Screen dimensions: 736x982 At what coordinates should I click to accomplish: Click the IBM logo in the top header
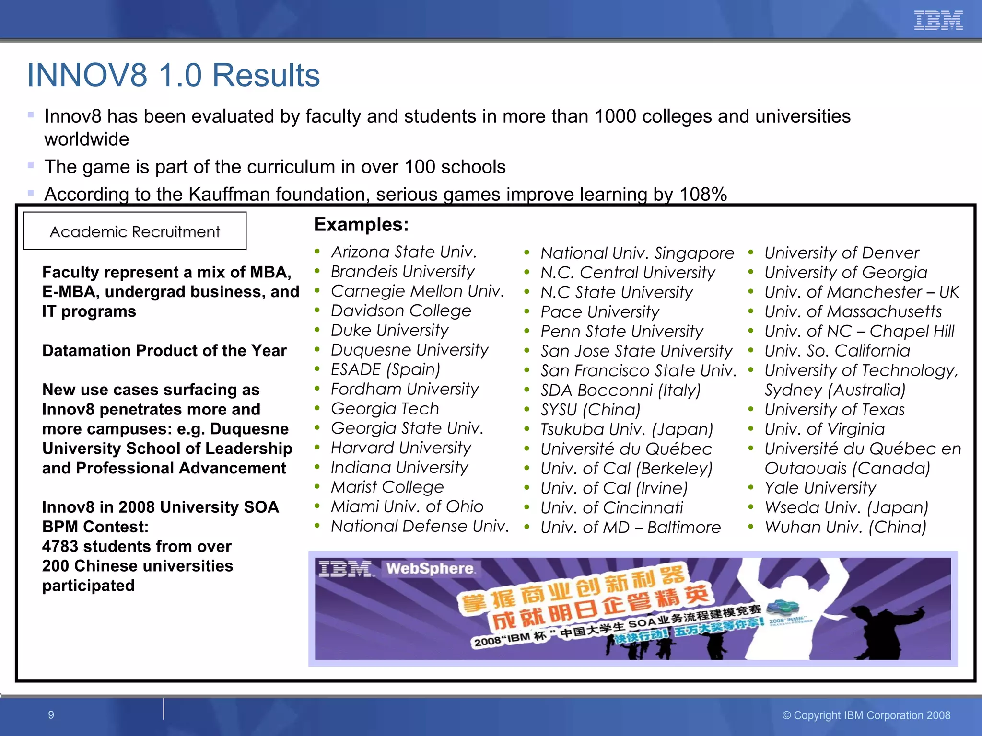[x=938, y=20]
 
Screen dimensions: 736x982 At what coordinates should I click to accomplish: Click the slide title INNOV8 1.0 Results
[x=173, y=75]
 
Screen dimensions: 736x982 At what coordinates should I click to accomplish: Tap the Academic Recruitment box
[x=135, y=231]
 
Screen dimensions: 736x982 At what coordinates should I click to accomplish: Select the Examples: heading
[x=361, y=224]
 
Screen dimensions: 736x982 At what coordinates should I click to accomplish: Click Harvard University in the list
[x=401, y=448]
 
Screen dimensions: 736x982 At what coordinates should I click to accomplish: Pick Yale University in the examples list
[x=820, y=488]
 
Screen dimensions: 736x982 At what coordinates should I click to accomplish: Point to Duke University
[x=389, y=330]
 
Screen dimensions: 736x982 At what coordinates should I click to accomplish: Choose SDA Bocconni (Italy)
[x=620, y=390]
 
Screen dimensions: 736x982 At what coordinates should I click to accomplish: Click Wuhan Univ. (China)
[x=845, y=527]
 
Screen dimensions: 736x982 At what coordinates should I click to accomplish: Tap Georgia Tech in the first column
[x=385, y=408]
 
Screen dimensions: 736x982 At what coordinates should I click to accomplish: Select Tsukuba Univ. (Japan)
[x=627, y=429]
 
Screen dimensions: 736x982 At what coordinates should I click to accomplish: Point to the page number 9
[x=51, y=715]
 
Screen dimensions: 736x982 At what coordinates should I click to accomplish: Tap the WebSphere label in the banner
[x=431, y=569]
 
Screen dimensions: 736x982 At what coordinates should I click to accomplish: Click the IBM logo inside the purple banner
[x=344, y=569]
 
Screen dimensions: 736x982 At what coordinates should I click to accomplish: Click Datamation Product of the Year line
[x=164, y=351]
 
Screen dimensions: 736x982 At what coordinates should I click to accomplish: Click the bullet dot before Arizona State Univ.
[x=317, y=252]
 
